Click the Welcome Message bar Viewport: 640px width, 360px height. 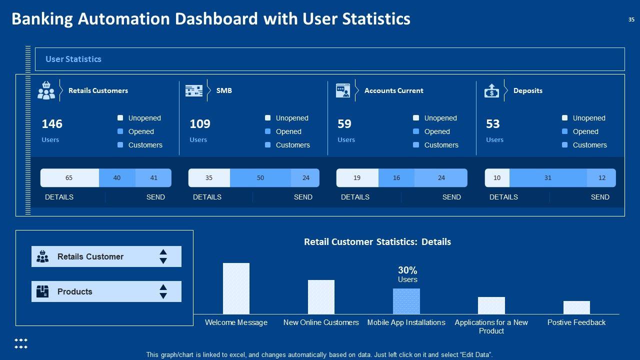point(236,288)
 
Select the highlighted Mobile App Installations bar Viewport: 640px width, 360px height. point(406,301)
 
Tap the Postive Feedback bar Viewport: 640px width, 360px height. point(576,307)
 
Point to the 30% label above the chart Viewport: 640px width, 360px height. point(407,270)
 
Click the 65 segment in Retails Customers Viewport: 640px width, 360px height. point(69,178)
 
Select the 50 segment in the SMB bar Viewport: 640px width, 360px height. point(260,178)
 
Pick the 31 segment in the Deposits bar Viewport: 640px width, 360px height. point(548,178)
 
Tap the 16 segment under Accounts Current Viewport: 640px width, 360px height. point(396,178)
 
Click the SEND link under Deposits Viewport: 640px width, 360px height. point(600,197)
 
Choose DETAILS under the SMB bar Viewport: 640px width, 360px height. point(207,197)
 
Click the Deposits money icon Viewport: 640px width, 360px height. point(491,90)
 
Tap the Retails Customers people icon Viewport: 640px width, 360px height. point(46,90)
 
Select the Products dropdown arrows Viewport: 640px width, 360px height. point(163,291)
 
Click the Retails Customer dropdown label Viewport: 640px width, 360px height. point(90,256)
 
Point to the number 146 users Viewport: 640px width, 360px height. point(52,124)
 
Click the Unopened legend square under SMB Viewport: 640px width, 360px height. point(268,118)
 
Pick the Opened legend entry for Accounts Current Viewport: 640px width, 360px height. point(437,131)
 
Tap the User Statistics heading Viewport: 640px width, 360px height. point(73,59)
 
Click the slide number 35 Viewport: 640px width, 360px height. point(631,20)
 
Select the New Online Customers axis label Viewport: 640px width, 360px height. point(321,322)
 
